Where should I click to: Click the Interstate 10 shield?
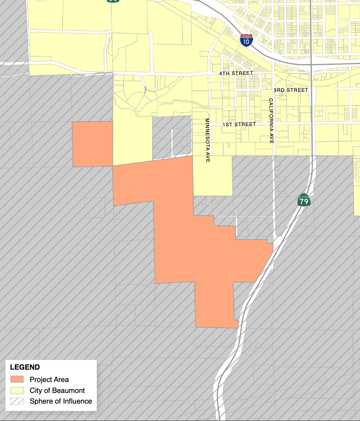(246, 40)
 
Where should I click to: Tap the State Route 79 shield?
(304, 200)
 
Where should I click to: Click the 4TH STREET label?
(236, 73)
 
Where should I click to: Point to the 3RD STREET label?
(291, 90)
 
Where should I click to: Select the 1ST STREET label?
(239, 124)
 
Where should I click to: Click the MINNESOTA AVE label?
(207, 140)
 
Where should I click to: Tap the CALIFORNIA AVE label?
(271, 121)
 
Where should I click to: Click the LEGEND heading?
(25, 367)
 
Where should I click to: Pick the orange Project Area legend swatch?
(17, 379)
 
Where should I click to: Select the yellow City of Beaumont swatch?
(17, 390)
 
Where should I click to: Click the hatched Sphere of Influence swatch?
(17, 401)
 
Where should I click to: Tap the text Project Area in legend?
(49, 379)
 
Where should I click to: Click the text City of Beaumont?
(57, 390)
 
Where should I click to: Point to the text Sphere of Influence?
(61, 401)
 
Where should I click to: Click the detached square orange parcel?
(93, 144)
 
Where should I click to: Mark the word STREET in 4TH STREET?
(242, 73)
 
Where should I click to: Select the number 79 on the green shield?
(304, 201)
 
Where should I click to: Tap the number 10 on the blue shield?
(246, 42)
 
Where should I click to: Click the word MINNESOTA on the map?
(207, 134)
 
